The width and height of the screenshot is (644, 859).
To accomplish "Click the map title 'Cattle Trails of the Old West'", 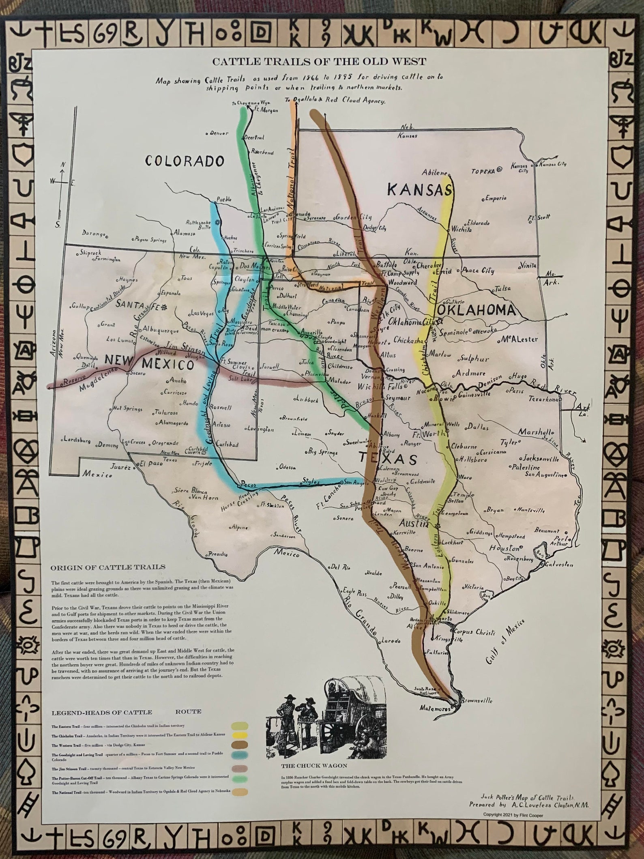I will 320,62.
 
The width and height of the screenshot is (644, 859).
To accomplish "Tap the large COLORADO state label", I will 185,161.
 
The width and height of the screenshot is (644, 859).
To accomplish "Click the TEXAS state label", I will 388,459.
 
